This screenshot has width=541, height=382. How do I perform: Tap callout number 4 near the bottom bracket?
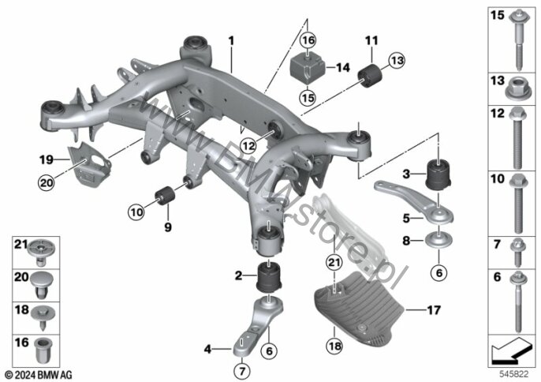click(207, 348)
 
